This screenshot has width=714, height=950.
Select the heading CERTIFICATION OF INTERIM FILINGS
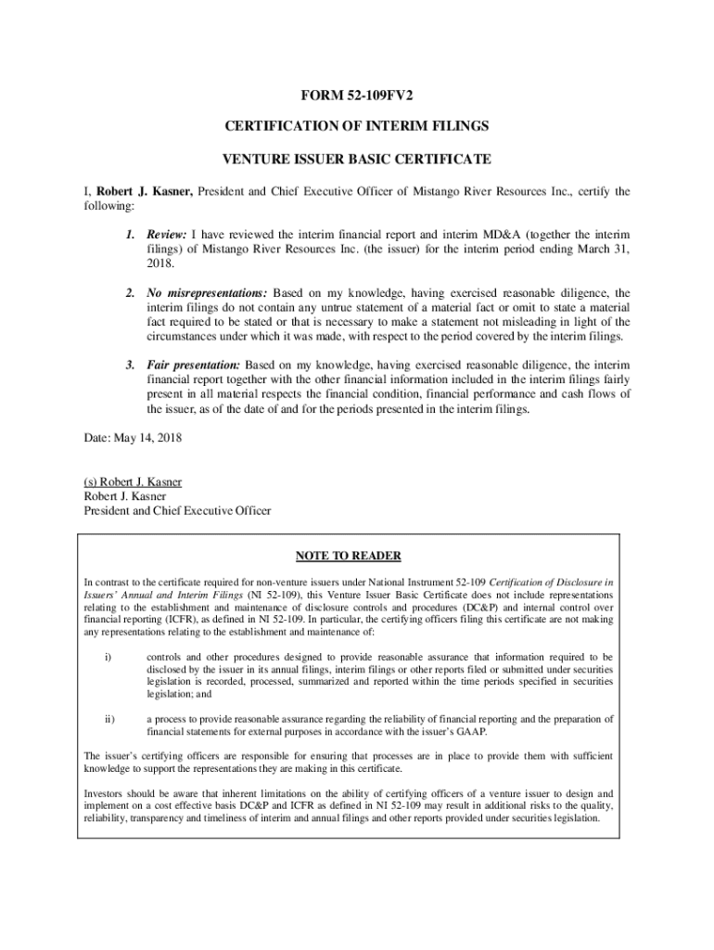point(357,125)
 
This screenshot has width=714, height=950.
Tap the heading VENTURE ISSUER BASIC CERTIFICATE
point(357,159)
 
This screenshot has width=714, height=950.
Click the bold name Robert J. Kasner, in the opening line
point(145,192)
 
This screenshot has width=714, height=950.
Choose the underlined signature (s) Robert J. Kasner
point(133,482)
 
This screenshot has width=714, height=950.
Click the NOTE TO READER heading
point(348,556)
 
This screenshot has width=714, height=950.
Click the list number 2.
point(132,293)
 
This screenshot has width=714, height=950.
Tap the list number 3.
point(132,366)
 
